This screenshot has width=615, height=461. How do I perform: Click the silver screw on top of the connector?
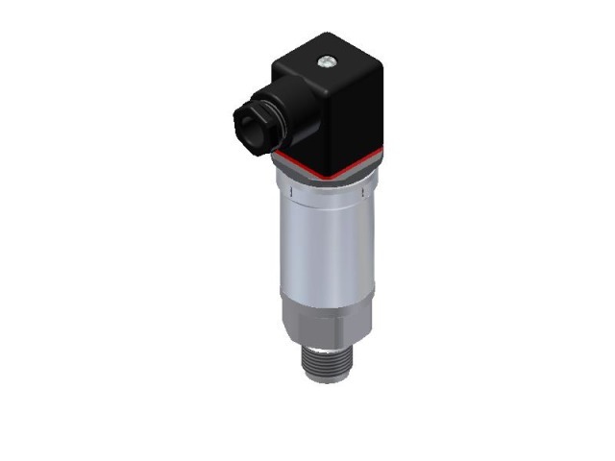tap(329, 63)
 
